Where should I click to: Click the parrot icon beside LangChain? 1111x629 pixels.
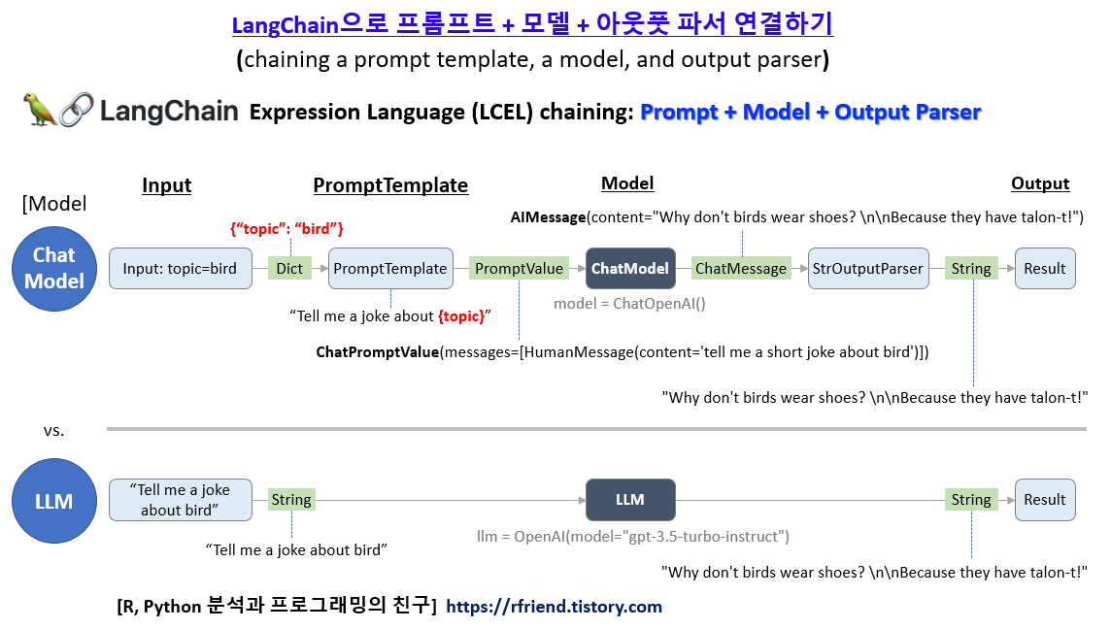point(39,110)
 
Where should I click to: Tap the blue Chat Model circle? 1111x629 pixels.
point(54,268)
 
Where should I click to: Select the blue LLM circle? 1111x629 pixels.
point(54,501)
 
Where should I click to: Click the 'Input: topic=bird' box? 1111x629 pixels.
point(180,269)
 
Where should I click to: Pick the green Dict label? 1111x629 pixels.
point(289,269)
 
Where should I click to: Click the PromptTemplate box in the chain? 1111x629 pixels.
point(390,269)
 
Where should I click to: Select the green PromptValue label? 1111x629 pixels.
point(519,269)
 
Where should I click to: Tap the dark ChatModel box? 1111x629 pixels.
point(630,269)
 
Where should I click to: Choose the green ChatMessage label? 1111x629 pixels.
point(741,269)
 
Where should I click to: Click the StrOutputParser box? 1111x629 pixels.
point(868,269)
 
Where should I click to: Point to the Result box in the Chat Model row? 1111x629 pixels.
point(1045,269)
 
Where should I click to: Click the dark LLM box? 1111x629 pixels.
point(630,500)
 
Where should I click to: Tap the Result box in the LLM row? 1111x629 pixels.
point(1045,500)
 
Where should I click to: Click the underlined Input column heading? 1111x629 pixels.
point(167,185)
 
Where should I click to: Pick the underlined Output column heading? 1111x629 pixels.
point(1040,183)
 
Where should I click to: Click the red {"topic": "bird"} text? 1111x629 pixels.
point(286,229)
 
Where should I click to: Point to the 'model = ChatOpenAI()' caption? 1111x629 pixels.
point(629,303)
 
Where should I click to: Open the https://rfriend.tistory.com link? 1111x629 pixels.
point(554,607)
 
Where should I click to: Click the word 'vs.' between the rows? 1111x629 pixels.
point(54,430)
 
